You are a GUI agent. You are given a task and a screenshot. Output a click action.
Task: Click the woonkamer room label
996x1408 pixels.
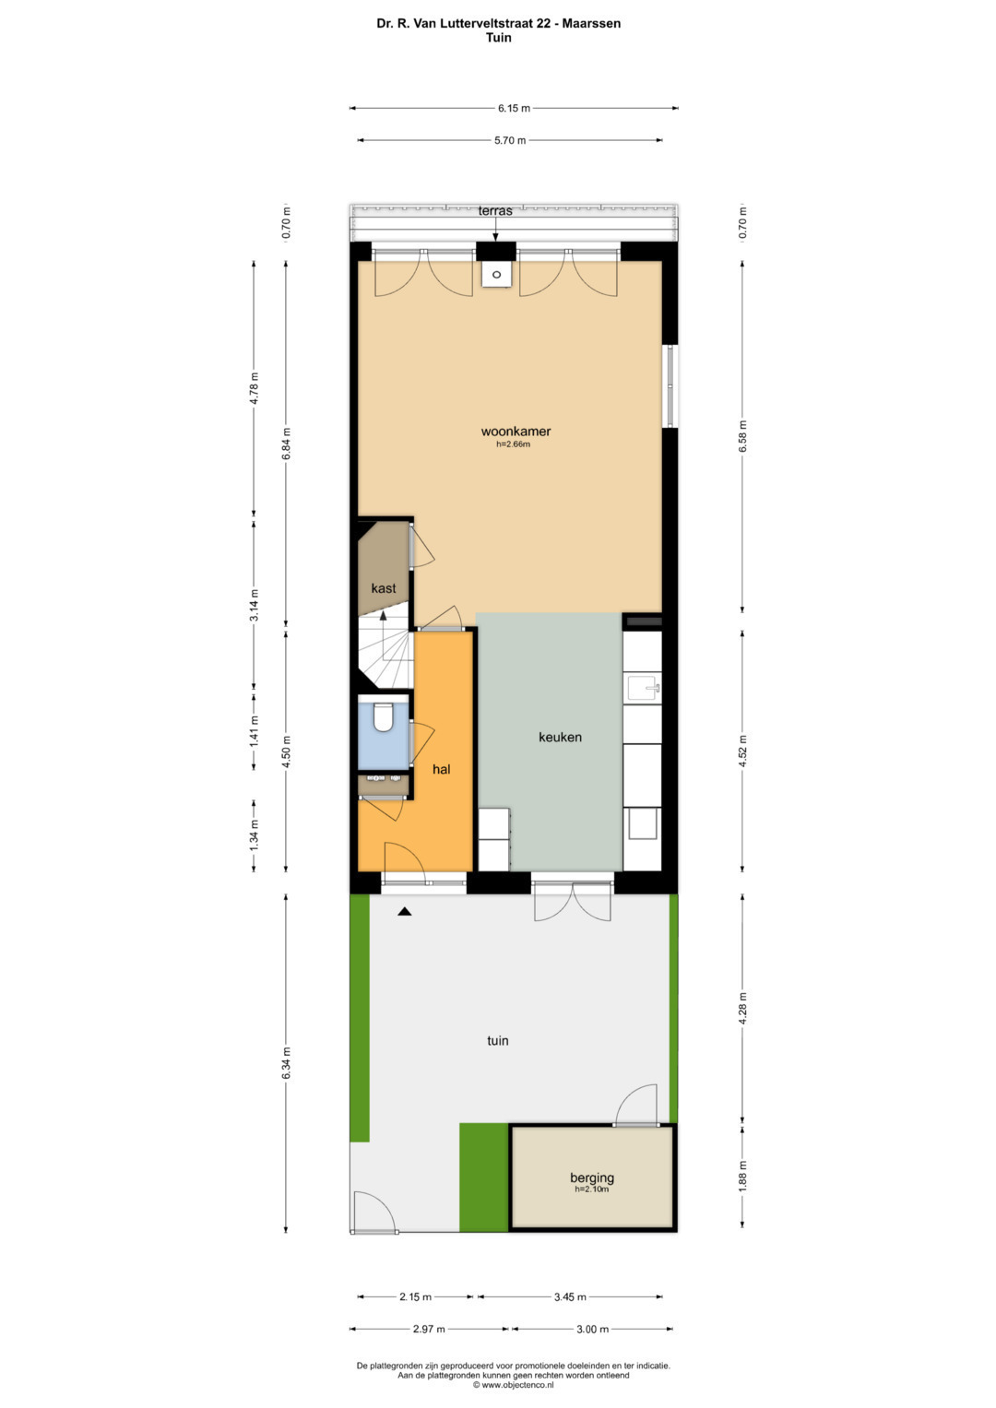pyautogui.click(x=515, y=432)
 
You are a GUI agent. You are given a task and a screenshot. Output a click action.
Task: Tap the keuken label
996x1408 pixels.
pyautogui.click(x=560, y=737)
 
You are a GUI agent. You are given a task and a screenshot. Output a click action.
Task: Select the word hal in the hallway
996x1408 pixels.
pyautogui.click(x=442, y=769)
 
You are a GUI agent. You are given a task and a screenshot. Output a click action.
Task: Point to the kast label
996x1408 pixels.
pyautogui.click(x=383, y=587)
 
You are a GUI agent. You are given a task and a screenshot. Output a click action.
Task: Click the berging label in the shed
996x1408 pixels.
pyautogui.click(x=592, y=1177)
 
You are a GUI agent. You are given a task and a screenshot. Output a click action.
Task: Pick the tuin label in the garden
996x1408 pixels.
pyautogui.click(x=497, y=1040)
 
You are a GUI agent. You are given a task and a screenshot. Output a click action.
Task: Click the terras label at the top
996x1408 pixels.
pyautogui.click(x=495, y=210)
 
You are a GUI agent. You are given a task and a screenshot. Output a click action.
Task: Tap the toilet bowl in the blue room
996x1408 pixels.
pyautogui.click(x=383, y=716)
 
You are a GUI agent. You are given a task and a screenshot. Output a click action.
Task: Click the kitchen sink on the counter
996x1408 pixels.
pyautogui.click(x=644, y=687)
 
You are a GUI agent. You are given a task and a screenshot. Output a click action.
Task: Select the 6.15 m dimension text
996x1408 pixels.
pyautogui.click(x=514, y=108)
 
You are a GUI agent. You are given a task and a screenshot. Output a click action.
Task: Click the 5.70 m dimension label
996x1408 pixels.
pyautogui.click(x=509, y=140)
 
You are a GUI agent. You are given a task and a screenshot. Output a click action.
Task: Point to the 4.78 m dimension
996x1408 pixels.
pyautogui.click(x=254, y=389)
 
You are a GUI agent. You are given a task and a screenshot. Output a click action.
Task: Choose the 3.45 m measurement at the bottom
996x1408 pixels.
pyautogui.click(x=570, y=1296)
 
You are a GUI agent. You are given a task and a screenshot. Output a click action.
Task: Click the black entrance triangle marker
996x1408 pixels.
pyautogui.click(x=404, y=911)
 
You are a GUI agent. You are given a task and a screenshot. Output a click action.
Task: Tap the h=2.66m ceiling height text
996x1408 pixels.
pyautogui.click(x=513, y=444)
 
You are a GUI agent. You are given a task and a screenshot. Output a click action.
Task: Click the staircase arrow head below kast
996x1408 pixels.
pyautogui.click(x=383, y=615)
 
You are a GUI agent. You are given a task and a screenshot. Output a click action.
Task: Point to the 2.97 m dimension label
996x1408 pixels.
pyautogui.click(x=429, y=1330)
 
